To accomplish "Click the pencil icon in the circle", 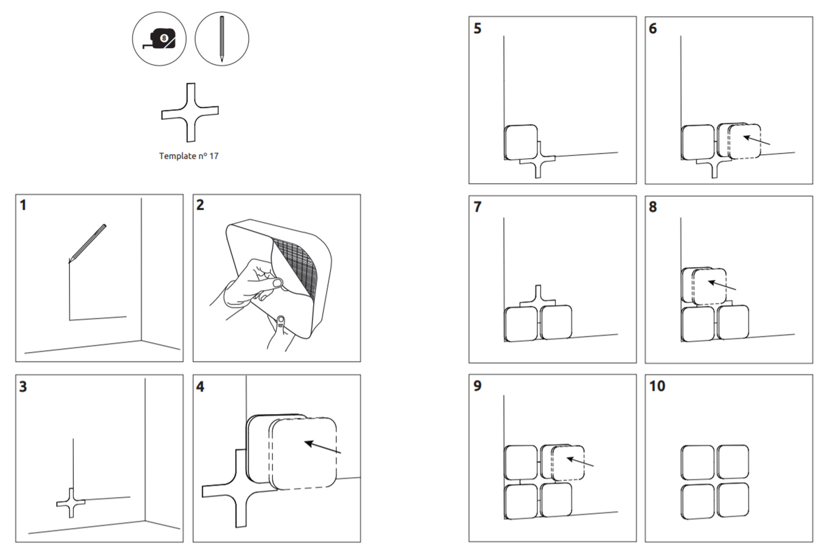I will click(x=221, y=39).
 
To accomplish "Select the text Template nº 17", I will click(x=189, y=156).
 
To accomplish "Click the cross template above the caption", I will click(x=190, y=112).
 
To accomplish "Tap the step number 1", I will click(x=23, y=205).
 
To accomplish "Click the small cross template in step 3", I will click(x=71, y=503).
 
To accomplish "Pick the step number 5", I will click(x=478, y=28).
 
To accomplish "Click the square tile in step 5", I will click(x=521, y=142).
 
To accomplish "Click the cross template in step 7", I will click(x=538, y=298).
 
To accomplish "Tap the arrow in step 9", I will click(x=580, y=462).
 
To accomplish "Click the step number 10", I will click(x=657, y=386).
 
